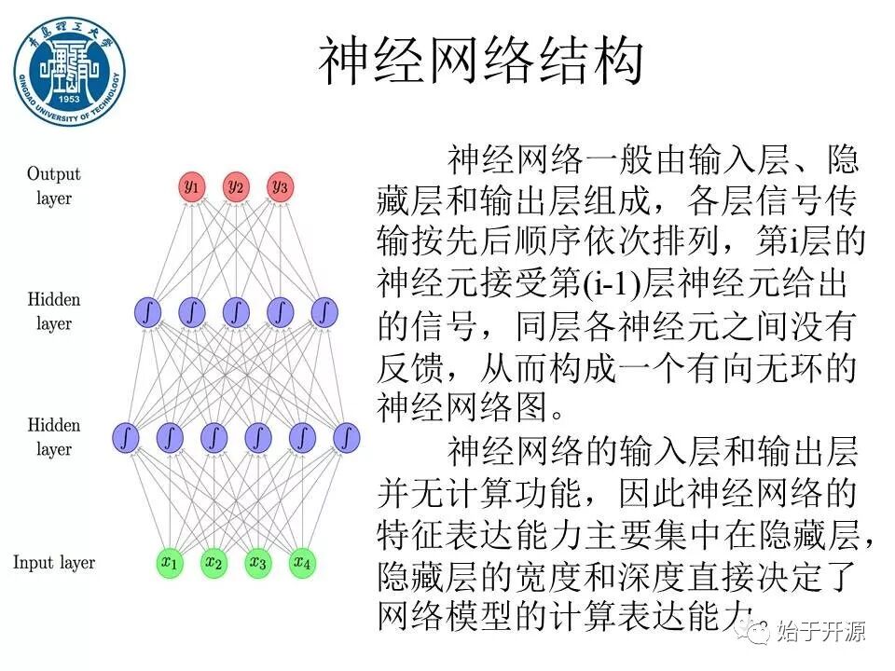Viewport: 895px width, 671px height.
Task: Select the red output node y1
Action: pos(192,186)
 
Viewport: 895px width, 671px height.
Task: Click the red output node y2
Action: pos(236,186)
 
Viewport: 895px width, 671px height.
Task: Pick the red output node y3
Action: pos(280,186)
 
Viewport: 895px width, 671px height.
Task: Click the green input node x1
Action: pos(170,563)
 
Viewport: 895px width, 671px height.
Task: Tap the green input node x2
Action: pos(213,563)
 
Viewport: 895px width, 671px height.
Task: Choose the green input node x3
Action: pos(257,563)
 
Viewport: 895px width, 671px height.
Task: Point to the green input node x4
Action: pos(301,563)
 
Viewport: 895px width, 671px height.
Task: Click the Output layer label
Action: pos(54,185)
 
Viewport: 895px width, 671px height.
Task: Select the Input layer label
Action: pos(54,562)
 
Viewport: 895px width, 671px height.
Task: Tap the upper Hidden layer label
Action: pos(54,311)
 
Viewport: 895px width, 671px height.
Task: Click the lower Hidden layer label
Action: pos(54,437)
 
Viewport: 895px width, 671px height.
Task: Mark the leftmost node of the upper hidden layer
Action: pos(148,311)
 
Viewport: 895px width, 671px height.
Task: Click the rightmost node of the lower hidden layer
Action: pos(346,436)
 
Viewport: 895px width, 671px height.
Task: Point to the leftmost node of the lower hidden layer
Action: pos(126,436)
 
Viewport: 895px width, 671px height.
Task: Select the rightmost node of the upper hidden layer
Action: pos(324,311)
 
